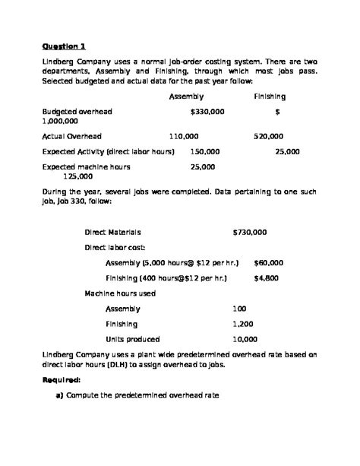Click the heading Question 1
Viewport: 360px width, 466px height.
coord(64,45)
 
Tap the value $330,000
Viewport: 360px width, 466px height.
coord(207,111)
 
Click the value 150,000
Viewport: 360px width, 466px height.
coord(205,151)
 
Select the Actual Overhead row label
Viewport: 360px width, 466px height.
coord(72,136)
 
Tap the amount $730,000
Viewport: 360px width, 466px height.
coord(250,232)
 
